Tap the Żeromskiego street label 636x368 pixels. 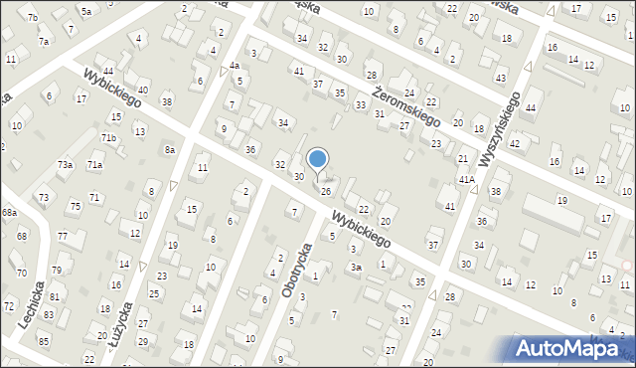(x=405, y=103)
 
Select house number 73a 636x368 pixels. (x=65, y=164)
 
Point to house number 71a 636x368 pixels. (x=94, y=164)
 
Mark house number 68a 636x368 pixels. (x=9, y=213)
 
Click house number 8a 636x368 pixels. (x=170, y=149)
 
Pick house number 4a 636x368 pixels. (x=235, y=66)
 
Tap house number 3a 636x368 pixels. (x=355, y=267)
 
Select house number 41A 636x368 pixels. (x=466, y=179)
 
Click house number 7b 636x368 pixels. (x=33, y=18)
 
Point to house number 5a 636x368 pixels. (x=86, y=11)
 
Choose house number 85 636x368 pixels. (x=44, y=341)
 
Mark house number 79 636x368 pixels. (x=56, y=270)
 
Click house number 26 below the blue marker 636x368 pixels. (x=325, y=190)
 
